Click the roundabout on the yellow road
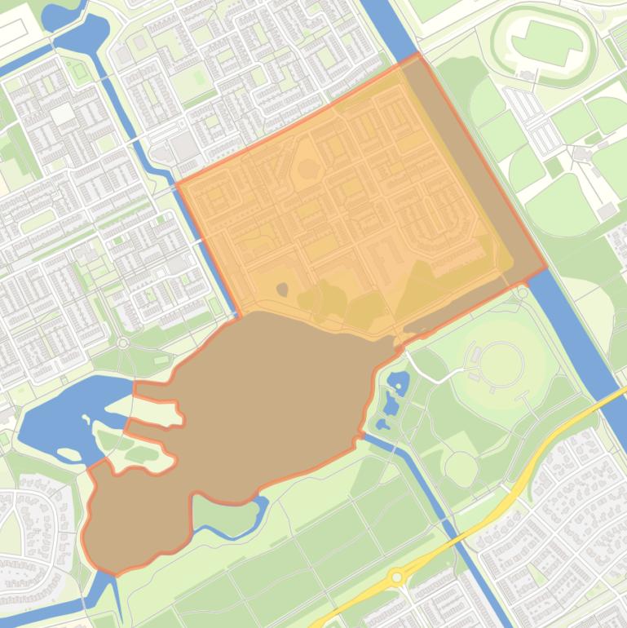(397, 577)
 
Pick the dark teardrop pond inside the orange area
(282, 289)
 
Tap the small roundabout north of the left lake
(123, 343)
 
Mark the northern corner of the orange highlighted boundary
(418, 55)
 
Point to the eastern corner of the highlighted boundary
(545, 268)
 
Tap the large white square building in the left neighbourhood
(62, 113)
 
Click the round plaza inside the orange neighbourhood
(307, 170)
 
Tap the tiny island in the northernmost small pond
(399, 378)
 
